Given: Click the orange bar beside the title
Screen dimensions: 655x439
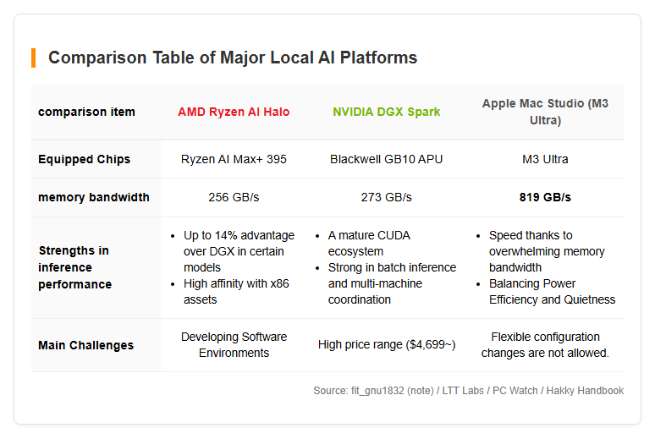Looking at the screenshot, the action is click(33, 58).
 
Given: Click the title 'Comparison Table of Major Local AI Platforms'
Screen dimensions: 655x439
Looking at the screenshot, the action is click(233, 58).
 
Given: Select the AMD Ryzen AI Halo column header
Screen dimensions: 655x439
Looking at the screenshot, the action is click(234, 112).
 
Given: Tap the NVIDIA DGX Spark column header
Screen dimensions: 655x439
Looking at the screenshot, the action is click(387, 112).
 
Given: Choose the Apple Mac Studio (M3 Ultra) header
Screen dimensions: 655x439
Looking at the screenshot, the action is click(545, 112).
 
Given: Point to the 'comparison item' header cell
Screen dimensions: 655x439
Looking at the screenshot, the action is click(86, 112).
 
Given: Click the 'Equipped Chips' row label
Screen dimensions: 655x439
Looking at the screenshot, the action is click(84, 159).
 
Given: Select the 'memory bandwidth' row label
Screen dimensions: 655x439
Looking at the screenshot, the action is click(94, 197).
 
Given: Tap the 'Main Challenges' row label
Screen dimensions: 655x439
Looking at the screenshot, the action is click(85, 345).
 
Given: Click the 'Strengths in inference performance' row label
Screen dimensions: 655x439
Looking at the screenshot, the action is click(74, 267).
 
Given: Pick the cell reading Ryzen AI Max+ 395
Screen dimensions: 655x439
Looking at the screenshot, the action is click(234, 159).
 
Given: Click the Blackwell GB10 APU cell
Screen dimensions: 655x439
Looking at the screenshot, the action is click(387, 159).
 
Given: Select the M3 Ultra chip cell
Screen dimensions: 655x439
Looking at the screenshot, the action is click(545, 159).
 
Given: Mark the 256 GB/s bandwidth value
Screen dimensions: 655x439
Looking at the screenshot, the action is click(234, 197).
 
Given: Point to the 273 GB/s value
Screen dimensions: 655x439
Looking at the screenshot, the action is click(387, 197).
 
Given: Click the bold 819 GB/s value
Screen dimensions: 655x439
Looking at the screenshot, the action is click(545, 197).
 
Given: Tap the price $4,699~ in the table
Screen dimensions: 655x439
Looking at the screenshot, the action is click(430, 344).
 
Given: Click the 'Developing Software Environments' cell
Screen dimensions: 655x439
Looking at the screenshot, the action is click(234, 344).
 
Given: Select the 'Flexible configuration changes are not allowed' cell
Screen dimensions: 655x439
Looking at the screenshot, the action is click(545, 344).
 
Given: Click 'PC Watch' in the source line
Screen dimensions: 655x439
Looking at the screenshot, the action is click(515, 391).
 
